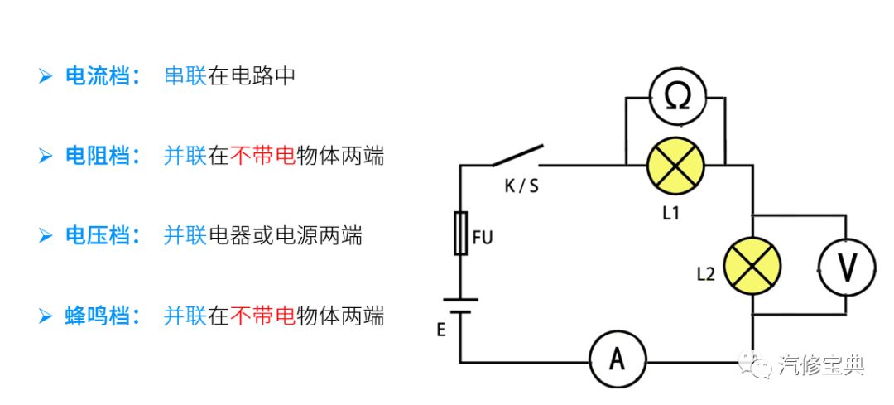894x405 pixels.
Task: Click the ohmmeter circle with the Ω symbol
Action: pyautogui.click(x=675, y=98)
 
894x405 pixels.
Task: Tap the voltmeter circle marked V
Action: pyautogui.click(x=846, y=266)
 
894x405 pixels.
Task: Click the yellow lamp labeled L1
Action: pyautogui.click(x=675, y=165)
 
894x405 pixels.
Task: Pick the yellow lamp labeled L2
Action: pyautogui.click(x=752, y=266)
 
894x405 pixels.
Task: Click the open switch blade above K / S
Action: pyautogui.click(x=517, y=155)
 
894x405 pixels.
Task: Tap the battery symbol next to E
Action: pyautogui.click(x=460, y=307)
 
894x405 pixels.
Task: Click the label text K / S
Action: pyautogui.click(x=521, y=186)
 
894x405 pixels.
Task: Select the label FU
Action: pyautogui.click(x=483, y=239)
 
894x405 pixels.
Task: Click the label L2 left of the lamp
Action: pyautogui.click(x=705, y=274)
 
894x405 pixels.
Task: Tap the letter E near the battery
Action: pyautogui.click(x=441, y=330)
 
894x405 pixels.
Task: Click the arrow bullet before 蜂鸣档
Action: pyautogui.click(x=46, y=316)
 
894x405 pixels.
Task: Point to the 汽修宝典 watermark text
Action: pyautogui.click(x=822, y=365)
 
